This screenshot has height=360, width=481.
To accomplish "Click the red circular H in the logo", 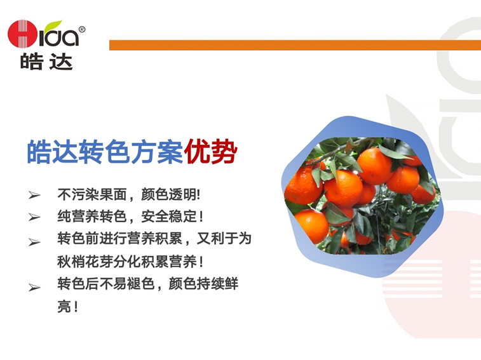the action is click(x=22, y=34).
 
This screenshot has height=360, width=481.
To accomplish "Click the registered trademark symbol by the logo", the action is click(x=82, y=29).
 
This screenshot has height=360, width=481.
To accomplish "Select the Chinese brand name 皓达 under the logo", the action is click(x=46, y=62).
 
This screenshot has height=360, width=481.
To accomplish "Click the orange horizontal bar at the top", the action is click(x=295, y=45).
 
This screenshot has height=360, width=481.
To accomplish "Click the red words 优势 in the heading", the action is click(x=211, y=152).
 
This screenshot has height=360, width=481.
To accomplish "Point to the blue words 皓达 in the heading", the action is click(x=53, y=152).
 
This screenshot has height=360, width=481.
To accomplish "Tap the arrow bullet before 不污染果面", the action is click(x=34, y=195).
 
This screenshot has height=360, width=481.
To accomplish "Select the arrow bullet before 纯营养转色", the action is click(x=34, y=217).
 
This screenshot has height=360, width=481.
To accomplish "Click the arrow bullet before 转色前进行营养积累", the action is click(x=34, y=243).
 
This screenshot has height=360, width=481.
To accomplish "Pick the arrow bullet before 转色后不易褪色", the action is click(x=34, y=288).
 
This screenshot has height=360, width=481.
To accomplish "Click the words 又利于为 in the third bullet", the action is click(x=224, y=239).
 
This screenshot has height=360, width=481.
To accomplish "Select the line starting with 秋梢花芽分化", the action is click(x=130, y=262).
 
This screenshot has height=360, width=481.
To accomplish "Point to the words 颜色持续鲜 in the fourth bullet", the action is click(x=203, y=284).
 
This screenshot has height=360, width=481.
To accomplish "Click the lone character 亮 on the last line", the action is click(x=64, y=306).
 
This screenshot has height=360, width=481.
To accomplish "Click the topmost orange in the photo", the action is click(x=375, y=166).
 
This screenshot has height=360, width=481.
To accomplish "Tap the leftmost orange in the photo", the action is click(x=303, y=186).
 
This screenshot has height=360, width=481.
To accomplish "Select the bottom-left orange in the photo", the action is click(x=312, y=226).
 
